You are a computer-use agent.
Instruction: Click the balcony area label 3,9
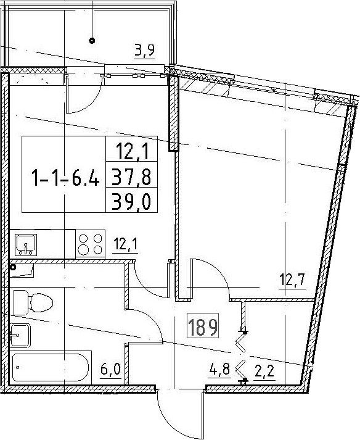pyautogui.click(x=145, y=51)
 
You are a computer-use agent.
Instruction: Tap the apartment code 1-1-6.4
pyautogui.click(x=65, y=177)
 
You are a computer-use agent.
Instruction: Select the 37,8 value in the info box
pyautogui.click(x=131, y=177)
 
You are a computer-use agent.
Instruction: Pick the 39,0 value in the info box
pyautogui.click(x=131, y=202)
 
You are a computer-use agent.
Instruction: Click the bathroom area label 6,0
pyautogui.click(x=110, y=370)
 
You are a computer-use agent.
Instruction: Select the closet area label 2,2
pyautogui.click(x=264, y=372)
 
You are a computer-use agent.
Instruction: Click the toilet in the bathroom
pyautogui.click(x=33, y=302)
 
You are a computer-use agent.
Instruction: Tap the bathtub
pyautogui.click(x=52, y=367)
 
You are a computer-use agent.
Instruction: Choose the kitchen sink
pyautogui.click(x=26, y=245)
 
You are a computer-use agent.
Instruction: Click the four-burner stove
pyautogui.click(x=90, y=244)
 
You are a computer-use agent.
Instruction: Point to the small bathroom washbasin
pyautogui.click(x=20, y=335)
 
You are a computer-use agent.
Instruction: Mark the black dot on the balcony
pyautogui.click(x=92, y=41)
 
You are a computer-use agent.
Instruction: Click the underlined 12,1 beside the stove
pyautogui.click(x=125, y=245)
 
